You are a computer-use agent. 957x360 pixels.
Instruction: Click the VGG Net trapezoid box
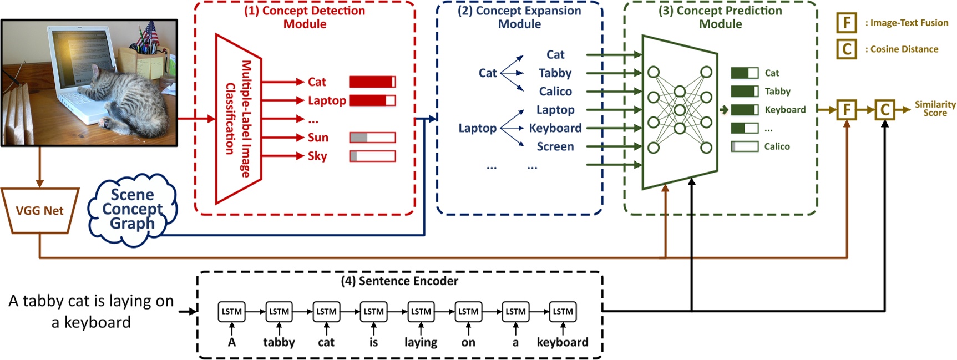[39, 211]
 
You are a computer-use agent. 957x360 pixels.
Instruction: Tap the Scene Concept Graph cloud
[132, 210]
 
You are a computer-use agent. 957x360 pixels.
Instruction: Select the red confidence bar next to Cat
[372, 82]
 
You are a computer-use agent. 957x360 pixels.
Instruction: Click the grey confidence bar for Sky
[372, 156]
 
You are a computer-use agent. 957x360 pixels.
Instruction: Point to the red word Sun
[318, 138]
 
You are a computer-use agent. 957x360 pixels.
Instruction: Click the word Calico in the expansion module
[555, 92]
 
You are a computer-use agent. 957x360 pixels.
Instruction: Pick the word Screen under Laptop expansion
[555, 146]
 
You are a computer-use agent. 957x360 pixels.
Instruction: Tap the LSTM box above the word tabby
[279, 312]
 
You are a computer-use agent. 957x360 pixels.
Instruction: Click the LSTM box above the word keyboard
[563, 312]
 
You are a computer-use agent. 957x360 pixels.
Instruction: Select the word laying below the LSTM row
[421, 342]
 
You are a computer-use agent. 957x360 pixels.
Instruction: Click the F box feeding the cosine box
[847, 110]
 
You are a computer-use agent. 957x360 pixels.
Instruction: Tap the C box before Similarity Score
[885, 110]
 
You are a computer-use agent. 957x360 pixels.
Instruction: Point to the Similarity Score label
[935, 109]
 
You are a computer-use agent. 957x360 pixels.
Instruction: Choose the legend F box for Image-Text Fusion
[847, 23]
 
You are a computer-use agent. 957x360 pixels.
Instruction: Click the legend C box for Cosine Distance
[847, 49]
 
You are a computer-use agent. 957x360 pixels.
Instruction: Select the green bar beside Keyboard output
[745, 110]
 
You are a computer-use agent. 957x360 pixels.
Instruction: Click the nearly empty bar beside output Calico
[745, 146]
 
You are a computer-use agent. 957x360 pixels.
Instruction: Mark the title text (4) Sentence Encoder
[399, 281]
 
